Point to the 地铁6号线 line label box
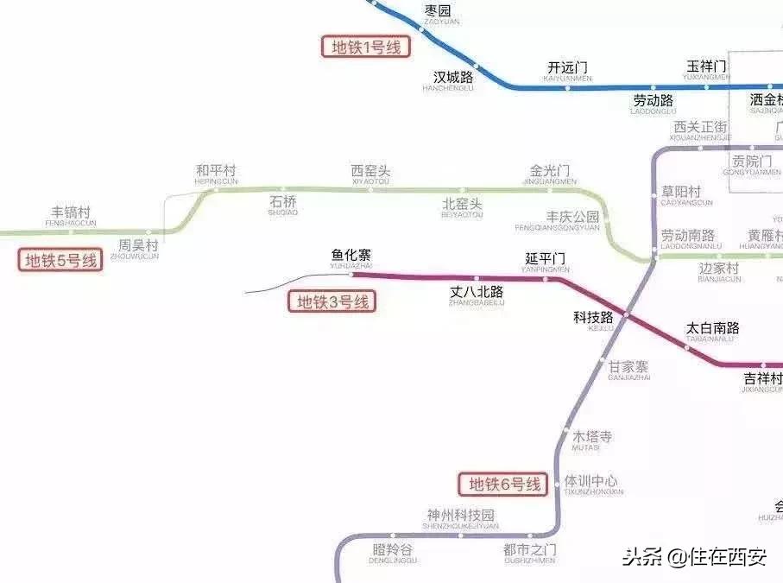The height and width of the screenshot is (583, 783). tap(504, 484)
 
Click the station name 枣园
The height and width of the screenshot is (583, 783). tap(438, 11)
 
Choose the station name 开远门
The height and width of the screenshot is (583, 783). tap(567, 67)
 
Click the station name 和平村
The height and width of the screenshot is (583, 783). tap(216, 171)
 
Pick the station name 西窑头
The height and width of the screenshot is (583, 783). tap(370, 171)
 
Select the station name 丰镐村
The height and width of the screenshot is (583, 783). tap(71, 212)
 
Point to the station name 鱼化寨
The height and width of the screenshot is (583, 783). tap(351, 256)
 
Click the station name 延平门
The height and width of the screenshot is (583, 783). tap(546, 259)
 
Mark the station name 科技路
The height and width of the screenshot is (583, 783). tap(593, 317)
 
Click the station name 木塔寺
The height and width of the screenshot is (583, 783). tap(591, 437)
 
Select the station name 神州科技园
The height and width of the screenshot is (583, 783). tap(460, 516)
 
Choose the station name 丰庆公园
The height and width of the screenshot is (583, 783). tap(572, 217)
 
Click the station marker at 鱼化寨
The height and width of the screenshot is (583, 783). tap(352, 276)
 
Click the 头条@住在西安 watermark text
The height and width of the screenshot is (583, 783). tap(694, 557)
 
